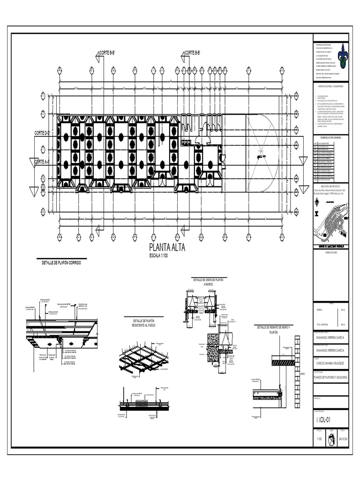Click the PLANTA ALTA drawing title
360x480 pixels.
167,248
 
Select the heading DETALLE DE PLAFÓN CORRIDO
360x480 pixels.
61,263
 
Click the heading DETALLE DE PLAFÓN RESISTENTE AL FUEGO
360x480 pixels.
143,323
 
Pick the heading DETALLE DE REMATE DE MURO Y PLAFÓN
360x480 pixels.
274,329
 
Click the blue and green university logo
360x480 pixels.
344,56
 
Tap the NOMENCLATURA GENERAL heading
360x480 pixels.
331,137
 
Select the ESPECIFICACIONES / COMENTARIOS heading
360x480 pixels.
331,87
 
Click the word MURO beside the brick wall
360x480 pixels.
303,374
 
